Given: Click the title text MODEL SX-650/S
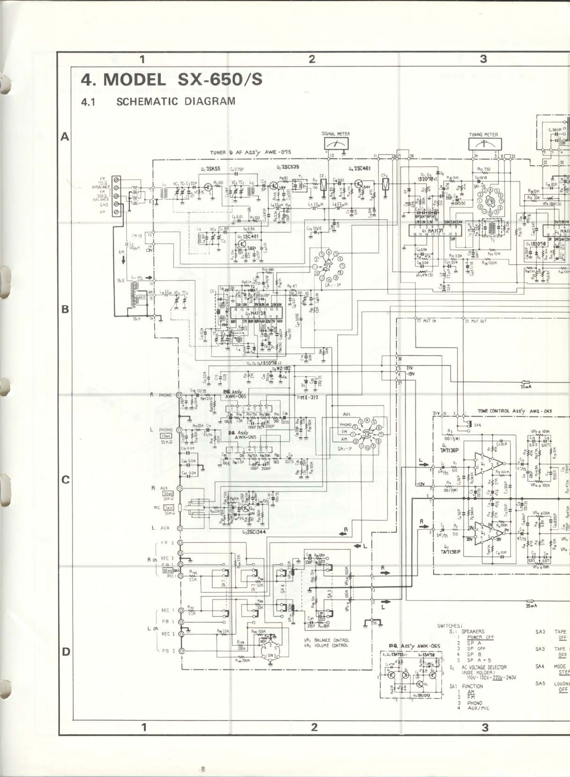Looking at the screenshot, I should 171,79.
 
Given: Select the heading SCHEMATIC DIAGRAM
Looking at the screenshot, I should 176,101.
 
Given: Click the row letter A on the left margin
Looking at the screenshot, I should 64,137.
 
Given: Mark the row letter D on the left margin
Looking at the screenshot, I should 65,652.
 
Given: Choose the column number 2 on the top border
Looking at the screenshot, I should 312,59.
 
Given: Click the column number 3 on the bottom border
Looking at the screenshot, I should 485,728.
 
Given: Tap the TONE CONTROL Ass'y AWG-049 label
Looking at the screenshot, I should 515,411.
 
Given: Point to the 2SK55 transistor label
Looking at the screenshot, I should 211,169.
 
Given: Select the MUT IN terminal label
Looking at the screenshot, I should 427,321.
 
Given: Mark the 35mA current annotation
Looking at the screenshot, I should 531,606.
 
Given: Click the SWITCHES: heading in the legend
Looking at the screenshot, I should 449,625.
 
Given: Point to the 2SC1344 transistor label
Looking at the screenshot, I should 254,531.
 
